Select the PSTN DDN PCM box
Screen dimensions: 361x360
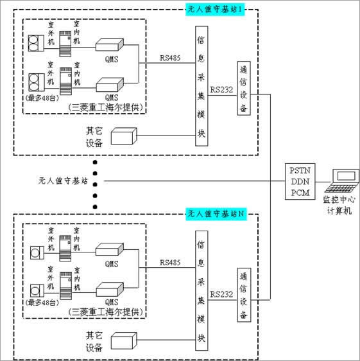click(298, 181)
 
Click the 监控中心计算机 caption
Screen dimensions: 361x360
click(339, 205)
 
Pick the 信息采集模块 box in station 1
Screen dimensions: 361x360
click(200, 86)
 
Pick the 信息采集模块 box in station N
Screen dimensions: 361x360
click(200, 290)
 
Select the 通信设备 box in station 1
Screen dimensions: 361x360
click(243, 88)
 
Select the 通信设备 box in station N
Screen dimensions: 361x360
click(243, 293)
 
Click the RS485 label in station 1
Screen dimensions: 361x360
click(171, 58)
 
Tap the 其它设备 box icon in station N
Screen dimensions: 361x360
click(124, 340)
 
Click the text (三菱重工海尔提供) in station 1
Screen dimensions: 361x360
click(105, 107)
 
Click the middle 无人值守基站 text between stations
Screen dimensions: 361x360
click(62, 180)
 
